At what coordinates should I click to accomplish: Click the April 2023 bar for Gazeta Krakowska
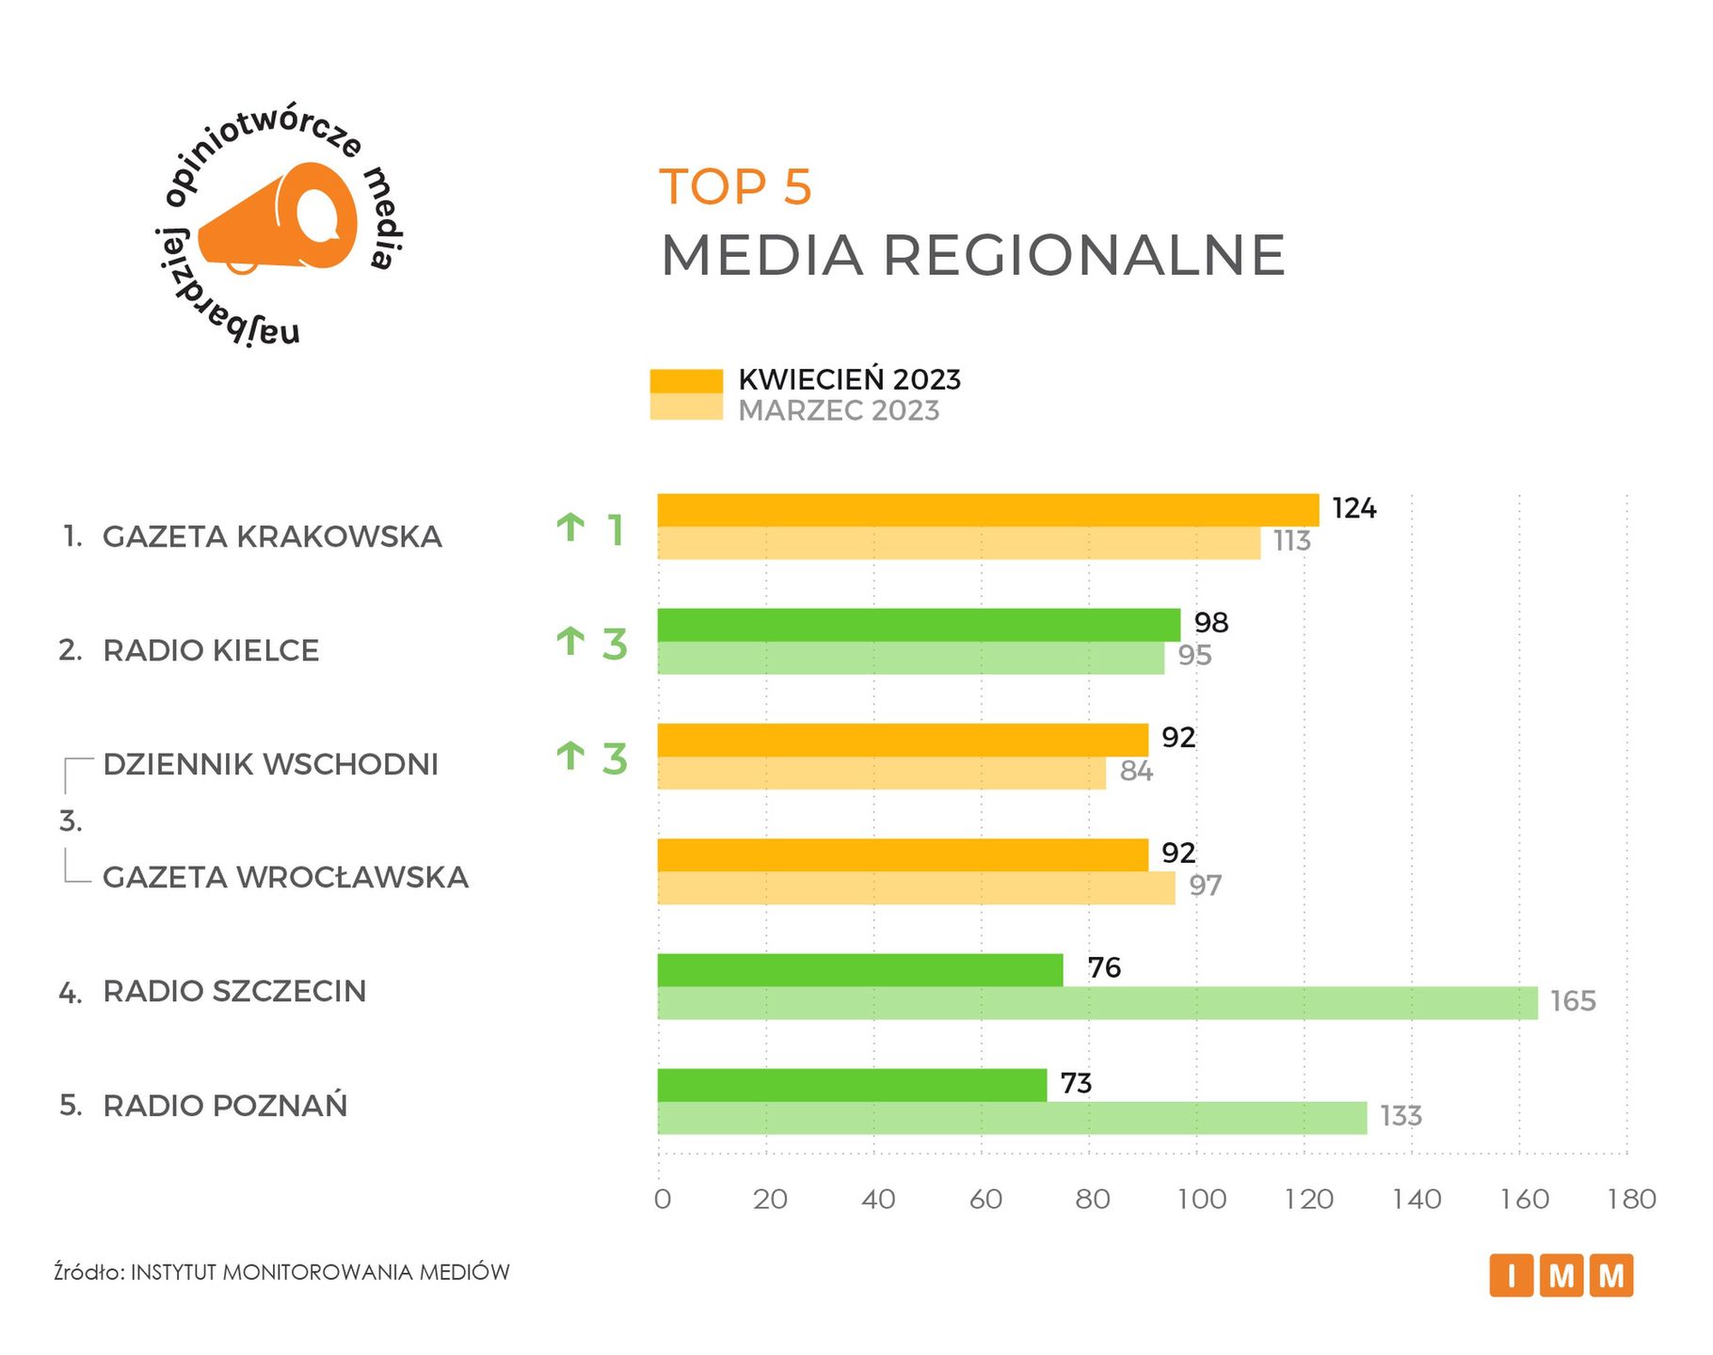988,510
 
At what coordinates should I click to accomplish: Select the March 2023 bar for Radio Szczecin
1097,1003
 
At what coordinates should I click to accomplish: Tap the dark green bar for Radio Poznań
852,1085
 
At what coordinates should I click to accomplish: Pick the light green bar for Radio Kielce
910,659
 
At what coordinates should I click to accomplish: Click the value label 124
1353,509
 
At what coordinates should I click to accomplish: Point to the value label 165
1573,1001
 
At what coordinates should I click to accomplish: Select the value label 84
1136,772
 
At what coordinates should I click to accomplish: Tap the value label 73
1076,1084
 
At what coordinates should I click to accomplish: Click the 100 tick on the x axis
1203,1200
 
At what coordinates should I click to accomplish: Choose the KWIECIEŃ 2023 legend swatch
686,381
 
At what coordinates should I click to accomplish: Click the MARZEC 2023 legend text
839,411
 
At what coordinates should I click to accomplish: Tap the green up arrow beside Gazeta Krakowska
570,528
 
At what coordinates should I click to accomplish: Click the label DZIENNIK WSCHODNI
271,765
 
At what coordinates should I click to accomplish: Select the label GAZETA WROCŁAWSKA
285,878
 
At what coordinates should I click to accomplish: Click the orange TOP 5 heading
735,187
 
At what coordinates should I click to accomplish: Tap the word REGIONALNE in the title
1083,255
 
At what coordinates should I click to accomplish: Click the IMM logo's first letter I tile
1512,1276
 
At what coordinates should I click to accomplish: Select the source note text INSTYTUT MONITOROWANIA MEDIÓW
320,1273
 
